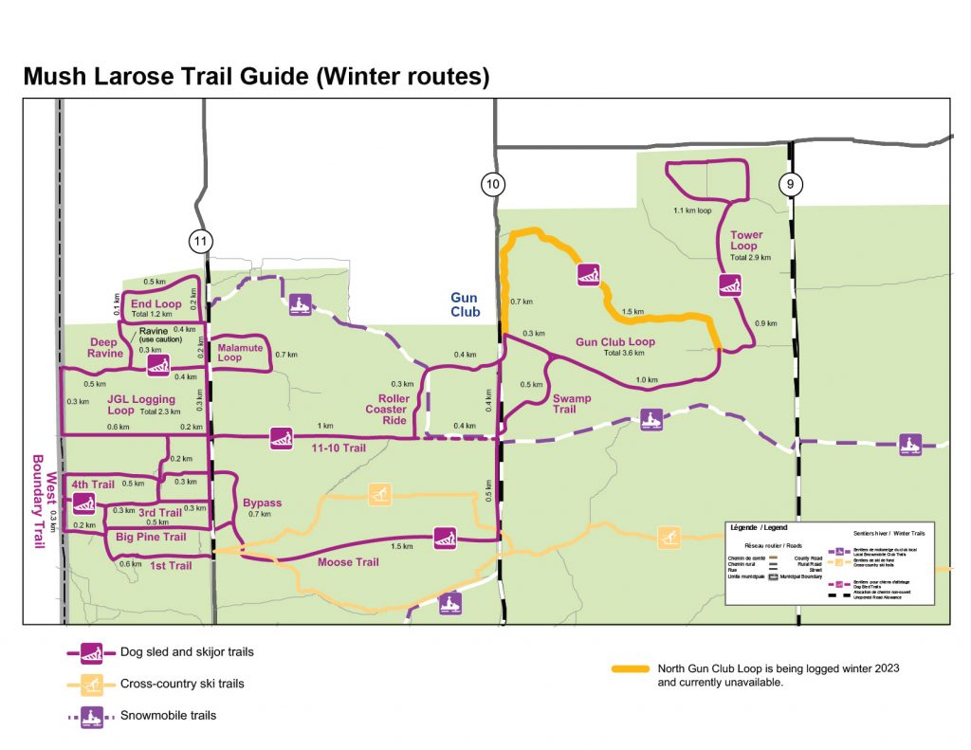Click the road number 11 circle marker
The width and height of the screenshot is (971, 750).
pyautogui.click(x=199, y=242)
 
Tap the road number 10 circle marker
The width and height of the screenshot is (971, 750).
pyautogui.click(x=491, y=186)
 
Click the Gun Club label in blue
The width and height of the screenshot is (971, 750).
pyautogui.click(x=465, y=305)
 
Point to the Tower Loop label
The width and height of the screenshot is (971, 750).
pyautogui.click(x=745, y=241)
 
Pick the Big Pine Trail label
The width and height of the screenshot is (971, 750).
pyautogui.click(x=151, y=538)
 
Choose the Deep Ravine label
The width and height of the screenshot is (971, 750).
pyautogui.click(x=106, y=347)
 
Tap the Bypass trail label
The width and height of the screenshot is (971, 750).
pyautogui.click(x=262, y=503)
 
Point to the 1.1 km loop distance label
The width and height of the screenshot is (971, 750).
pyautogui.click(x=692, y=210)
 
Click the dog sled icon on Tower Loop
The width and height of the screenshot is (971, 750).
pyautogui.click(x=729, y=284)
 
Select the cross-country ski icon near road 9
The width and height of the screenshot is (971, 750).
pyautogui.click(x=669, y=537)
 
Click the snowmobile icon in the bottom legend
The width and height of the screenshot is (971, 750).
pyautogui.click(x=91, y=715)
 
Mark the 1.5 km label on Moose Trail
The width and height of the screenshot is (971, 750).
pyautogui.click(x=401, y=547)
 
